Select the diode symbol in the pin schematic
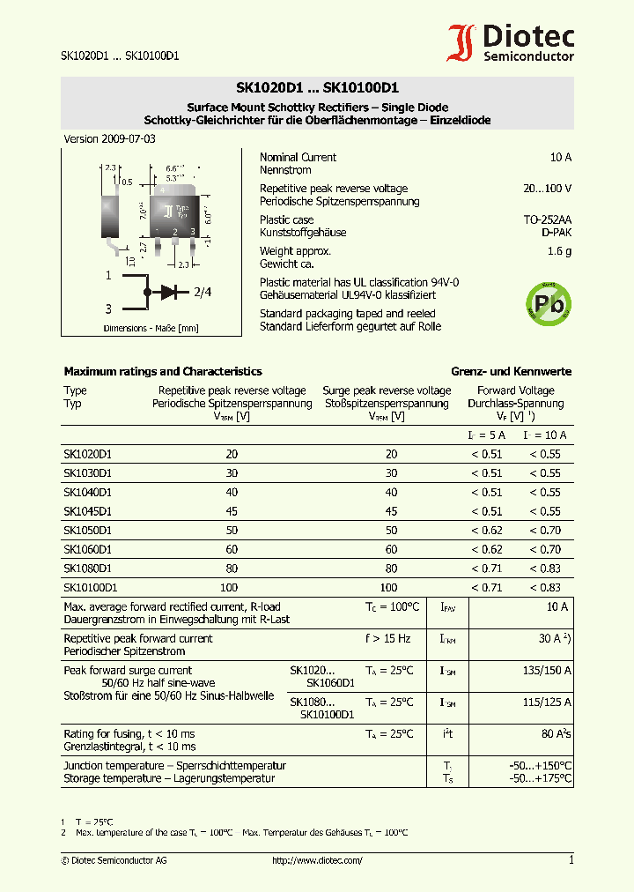pos(167,291)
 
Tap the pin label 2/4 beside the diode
pos(203,292)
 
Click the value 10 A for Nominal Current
pos(560,157)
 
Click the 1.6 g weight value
pos(559,251)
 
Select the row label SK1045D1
pos(87,511)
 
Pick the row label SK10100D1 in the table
pos(90,587)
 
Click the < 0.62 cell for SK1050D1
pos(486,531)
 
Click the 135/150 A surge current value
pos(546,671)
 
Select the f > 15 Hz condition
pos(387,639)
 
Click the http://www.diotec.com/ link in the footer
pos(317,860)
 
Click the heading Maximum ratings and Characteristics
pos(163,372)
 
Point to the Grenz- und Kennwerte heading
pos(511,372)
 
